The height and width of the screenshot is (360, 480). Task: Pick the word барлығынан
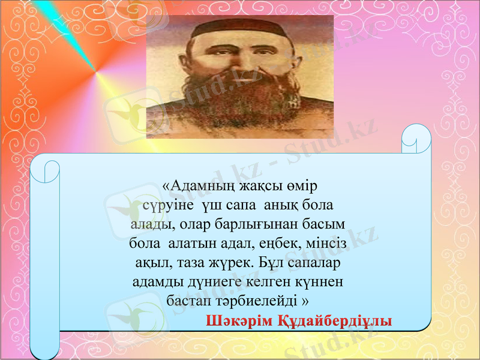click(x=263, y=225)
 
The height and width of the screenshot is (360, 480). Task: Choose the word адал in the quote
click(x=227, y=244)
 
